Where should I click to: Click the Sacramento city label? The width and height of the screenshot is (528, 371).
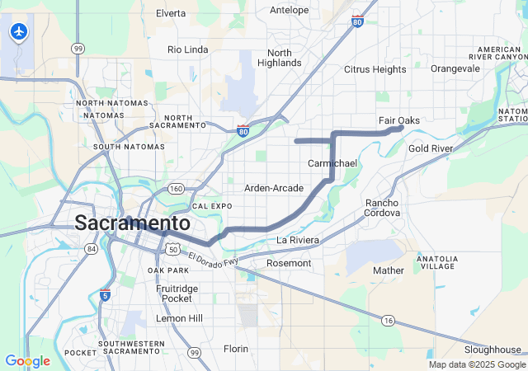pyautogui.click(x=132, y=223)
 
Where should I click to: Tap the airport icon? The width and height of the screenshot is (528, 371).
pyautogui.click(x=17, y=32)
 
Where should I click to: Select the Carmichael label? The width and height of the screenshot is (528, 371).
pyautogui.click(x=332, y=163)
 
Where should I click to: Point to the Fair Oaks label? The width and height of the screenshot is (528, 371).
pyautogui.click(x=399, y=120)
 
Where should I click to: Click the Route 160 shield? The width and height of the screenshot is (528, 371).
pyautogui.click(x=176, y=189)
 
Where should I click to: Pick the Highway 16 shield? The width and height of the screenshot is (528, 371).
pyautogui.click(x=388, y=319)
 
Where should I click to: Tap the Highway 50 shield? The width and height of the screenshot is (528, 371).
pyautogui.click(x=172, y=248)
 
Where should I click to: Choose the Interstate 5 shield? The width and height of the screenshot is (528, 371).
pyautogui.click(x=104, y=295)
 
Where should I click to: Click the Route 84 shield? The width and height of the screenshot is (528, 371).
pyautogui.click(x=91, y=249)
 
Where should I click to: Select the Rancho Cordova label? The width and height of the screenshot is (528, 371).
pyautogui.click(x=382, y=208)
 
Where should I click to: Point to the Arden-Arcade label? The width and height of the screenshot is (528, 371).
pyautogui.click(x=274, y=188)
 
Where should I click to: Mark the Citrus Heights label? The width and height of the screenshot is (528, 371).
pyautogui.click(x=375, y=69)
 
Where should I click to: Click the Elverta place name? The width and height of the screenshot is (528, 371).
pyautogui.click(x=171, y=13)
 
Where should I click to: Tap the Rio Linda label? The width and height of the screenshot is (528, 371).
pyautogui.click(x=187, y=49)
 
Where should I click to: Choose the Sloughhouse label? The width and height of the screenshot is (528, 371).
pyautogui.click(x=493, y=350)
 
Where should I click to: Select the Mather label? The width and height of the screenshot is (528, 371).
pyautogui.click(x=389, y=270)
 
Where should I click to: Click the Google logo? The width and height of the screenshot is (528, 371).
pyautogui.click(x=27, y=361)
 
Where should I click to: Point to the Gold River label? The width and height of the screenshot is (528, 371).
pyautogui.click(x=431, y=148)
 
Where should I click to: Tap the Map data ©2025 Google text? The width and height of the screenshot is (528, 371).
pyautogui.click(x=476, y=364)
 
